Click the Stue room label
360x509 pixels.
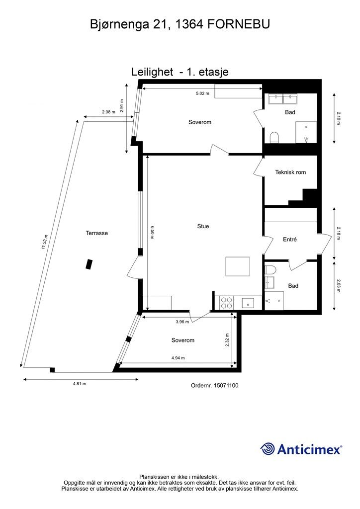(x=203, y=226)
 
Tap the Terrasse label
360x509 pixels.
(x=97, y=233)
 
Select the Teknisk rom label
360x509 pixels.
(x=290, y=172)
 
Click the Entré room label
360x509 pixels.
(x=290, y=239)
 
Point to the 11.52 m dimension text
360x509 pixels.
(x=45, y=243)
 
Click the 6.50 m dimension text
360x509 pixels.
(x=152, y=233)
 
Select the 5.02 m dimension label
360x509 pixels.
(x=202, y=93)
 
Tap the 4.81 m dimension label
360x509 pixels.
(x=80, y=383)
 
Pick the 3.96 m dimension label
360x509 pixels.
(x=182, y=322)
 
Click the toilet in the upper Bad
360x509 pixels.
(x=274, y=138)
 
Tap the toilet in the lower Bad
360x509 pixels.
(x=270, y=270)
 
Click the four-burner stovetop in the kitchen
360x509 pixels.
(x=227, y=303)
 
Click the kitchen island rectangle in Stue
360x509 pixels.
(x=238, y=266)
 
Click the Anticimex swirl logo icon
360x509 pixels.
(x=268, y=449)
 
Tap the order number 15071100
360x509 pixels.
(x=226, y=385)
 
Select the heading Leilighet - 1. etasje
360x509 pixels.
(x=180, y=72)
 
